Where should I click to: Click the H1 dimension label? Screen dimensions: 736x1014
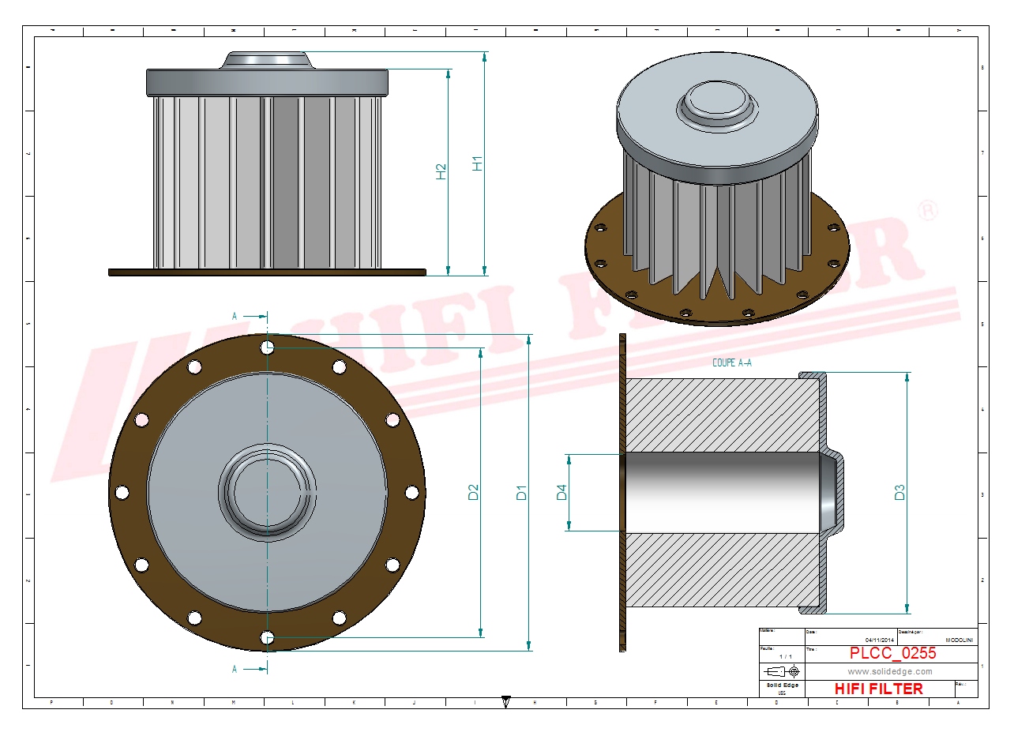pos(477,163)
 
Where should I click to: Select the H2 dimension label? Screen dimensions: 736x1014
pos(441,171)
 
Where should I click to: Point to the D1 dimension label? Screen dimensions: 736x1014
pos(521,492)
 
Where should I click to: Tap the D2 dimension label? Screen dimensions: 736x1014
pos(474,492)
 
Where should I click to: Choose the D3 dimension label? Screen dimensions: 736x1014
pos(899,492)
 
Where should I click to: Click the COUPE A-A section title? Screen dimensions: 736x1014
pos(732,363)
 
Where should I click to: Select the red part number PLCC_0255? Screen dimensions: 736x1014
pos(892,653)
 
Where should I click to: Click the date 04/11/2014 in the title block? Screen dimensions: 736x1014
pos(880,640)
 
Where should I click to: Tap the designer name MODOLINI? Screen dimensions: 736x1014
pos(959,640)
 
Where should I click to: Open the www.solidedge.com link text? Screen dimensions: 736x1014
pos(890,671)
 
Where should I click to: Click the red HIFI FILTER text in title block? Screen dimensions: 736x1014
pos(878,689)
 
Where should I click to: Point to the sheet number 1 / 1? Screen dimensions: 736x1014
pos(786,656)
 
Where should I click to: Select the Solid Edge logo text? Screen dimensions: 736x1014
pos(783,685)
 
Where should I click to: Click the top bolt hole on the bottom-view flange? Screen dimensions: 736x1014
pos(268,347)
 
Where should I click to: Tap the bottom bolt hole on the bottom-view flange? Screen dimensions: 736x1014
pos(268,637)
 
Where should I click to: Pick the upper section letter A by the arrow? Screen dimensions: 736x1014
pos(235,316)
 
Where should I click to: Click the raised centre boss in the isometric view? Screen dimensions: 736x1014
pos(715,102)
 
